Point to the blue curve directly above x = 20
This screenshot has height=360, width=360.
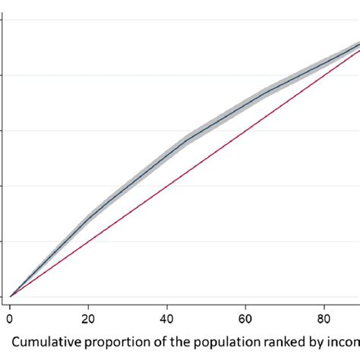pos(88,219)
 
